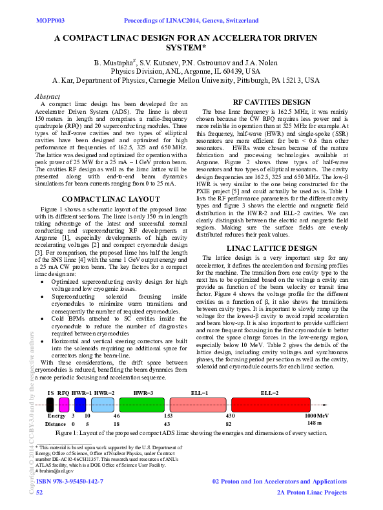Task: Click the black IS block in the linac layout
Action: click(x=50, y=405)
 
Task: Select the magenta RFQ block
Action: click(x=63, y=405)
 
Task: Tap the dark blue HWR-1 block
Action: click(x=80, y=405)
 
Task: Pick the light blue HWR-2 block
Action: click(x=102, y=405)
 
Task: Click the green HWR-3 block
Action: click(x=142, y=405)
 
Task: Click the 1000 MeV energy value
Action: click(x=317, y=415)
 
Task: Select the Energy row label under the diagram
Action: click(x=56, y=416)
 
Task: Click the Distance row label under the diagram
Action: click(x=56, y=423)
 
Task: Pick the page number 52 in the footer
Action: click(x=39, y=493)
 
